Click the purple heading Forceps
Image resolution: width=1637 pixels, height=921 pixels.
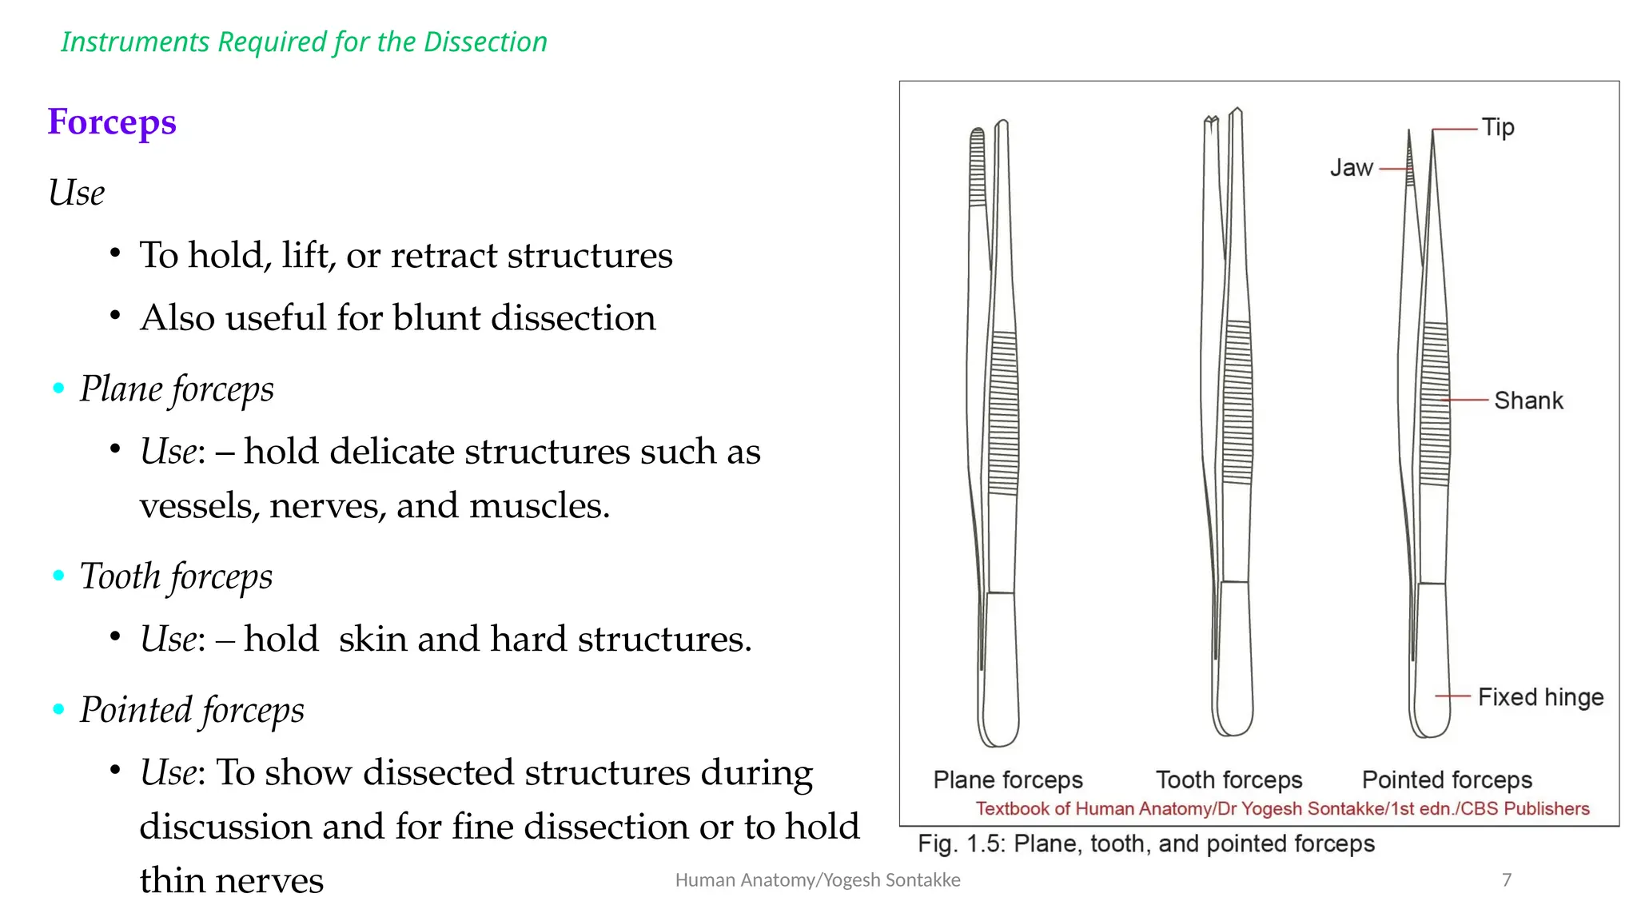[112, 122]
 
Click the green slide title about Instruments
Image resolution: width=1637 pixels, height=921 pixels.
[304, 42]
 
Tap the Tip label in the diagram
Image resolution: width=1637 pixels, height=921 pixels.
[1497, 127]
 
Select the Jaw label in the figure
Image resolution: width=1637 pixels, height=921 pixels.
[1351, 168]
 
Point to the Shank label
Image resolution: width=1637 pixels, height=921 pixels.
[1528, 400]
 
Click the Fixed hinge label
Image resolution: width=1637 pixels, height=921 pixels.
[1540, 697]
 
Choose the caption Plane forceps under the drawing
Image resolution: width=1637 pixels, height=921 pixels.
[1008, 779]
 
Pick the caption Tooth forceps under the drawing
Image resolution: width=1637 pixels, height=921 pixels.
[1229, 779]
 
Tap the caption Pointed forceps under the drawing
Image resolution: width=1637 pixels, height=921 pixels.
[1447, 779]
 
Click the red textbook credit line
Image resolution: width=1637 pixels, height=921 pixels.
[1282, 808]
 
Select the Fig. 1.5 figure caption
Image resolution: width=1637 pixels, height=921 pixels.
[1145, 843]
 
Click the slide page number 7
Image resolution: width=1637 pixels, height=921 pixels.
[1507, 880]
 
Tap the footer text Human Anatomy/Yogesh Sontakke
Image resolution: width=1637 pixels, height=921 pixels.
[818, 880]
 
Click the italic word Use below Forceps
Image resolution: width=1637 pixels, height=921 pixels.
[77, 193]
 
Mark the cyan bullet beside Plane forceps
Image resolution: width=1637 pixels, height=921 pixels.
[58, 389]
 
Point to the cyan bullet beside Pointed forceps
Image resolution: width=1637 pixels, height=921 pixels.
[58, 709]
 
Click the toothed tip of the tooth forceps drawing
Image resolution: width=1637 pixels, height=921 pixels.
[1212, 122]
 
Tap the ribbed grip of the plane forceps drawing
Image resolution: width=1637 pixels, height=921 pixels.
[1004, 412]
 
